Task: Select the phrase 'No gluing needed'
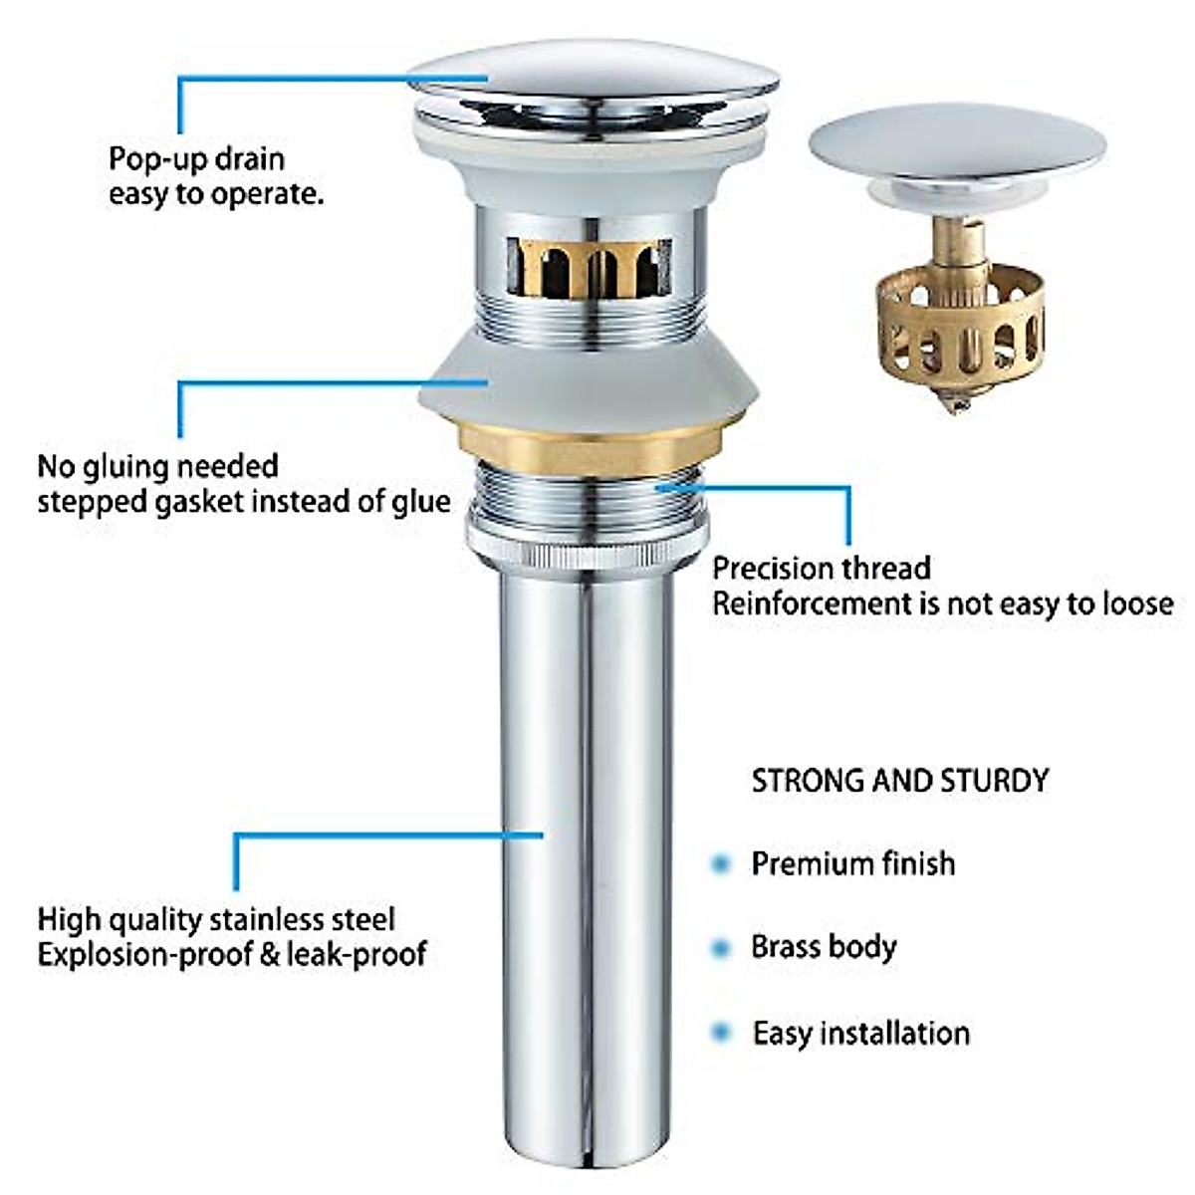tap(157, 466)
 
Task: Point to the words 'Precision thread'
tap(821, 569)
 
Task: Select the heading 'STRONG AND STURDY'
tap(899, 780)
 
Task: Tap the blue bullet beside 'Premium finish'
tap(720, 864)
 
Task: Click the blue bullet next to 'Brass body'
tap(720, 948)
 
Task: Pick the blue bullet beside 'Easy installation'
tap(720, 1033)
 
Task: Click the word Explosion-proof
tap(143, 954)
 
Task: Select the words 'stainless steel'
tap(322, 919)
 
